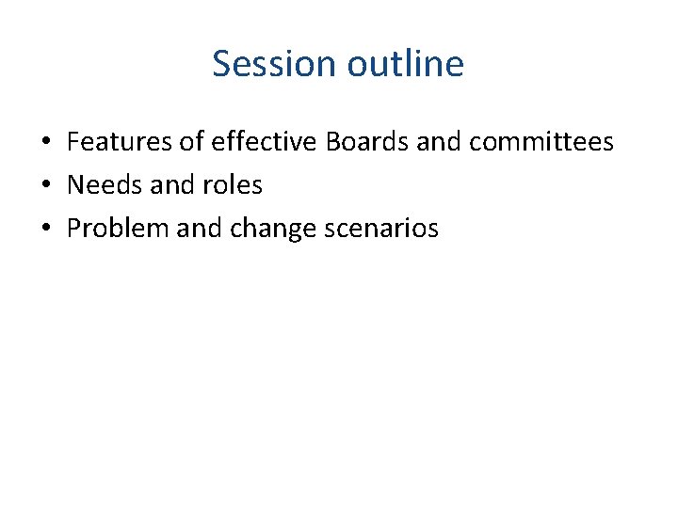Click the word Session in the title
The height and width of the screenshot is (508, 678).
point(275,64)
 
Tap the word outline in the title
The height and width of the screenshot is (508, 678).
point(406,64)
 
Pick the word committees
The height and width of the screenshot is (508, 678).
point(541,142)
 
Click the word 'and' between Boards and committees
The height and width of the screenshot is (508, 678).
point(439,142)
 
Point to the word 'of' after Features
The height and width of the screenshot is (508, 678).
point(192,142)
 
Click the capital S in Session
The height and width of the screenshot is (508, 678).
point(222,64)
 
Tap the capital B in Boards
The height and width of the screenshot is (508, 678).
point(332,142)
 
